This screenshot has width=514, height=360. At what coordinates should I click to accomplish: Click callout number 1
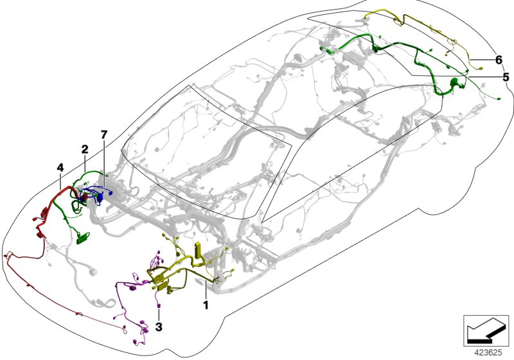pos(206,305)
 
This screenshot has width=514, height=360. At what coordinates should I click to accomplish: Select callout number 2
pos(85,150)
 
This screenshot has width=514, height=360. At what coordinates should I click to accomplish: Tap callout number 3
pos(159,327)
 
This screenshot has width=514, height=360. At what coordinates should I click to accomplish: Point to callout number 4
pos(60,168)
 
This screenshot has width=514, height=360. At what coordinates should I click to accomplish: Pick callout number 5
pos(506,77)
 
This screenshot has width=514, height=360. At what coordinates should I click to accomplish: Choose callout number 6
pos(499,60)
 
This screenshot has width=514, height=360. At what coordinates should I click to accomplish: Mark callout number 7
pos(104,134)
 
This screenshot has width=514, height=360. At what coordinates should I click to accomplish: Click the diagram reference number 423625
pos(488,353)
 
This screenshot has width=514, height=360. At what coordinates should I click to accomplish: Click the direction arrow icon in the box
pos(486,330)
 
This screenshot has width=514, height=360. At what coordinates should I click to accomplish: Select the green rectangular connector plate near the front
pos(84,238)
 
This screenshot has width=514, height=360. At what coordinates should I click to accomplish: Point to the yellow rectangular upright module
pos(199,250)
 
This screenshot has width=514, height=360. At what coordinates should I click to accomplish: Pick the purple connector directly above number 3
pos(159,306)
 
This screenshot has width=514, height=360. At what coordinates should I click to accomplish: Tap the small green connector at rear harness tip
pos(499,98)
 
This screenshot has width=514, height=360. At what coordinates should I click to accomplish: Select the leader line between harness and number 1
pos(206,291)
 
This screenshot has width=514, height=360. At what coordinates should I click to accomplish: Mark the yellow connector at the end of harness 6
pos(481,69)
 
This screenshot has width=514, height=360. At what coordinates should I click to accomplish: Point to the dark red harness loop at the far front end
pos(8,255)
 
